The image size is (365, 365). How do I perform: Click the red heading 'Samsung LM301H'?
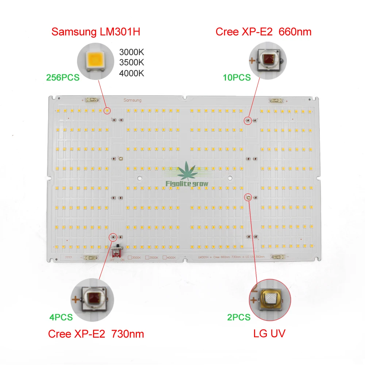[96, 32]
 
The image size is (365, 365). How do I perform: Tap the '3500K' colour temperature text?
[131, 62]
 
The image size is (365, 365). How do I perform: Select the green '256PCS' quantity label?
[62, 77]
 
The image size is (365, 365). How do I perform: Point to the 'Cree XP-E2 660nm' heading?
[264, 32]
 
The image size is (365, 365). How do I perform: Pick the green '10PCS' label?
[237, 77]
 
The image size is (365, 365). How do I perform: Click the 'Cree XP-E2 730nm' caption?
[96, 334]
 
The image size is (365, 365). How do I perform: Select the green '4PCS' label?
[61, 317]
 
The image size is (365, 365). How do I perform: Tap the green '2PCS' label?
[239, 317]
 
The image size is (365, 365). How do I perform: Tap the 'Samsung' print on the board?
[132, 100]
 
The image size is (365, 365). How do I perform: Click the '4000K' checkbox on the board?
[164, 258]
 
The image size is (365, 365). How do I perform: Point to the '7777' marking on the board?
[68, 258]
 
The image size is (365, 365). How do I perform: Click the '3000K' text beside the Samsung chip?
[131, 52]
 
